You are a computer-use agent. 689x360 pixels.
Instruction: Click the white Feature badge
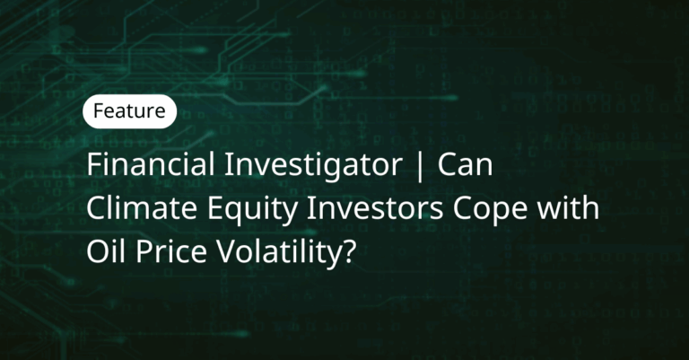129,111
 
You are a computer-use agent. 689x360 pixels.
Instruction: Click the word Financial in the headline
151,164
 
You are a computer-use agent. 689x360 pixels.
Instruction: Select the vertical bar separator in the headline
420,165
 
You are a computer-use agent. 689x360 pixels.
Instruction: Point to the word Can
465,164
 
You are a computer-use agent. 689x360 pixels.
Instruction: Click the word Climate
142,207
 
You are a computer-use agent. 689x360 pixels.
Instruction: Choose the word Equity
252,211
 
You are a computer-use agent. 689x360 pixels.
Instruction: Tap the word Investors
375,207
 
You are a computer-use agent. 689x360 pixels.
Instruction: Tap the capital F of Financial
95,164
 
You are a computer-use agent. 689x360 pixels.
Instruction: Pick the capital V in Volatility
228,251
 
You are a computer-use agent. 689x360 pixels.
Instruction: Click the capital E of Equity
215,208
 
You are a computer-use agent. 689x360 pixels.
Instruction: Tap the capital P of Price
145,251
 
